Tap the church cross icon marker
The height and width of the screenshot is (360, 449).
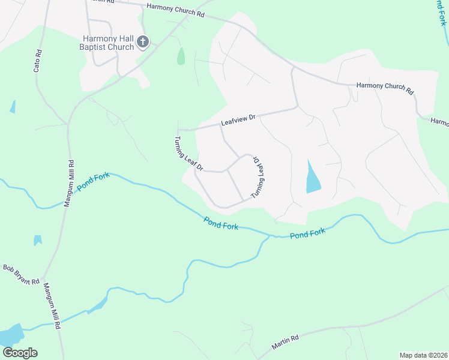[x=143, y=42]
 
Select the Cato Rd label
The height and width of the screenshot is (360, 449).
[x=37, y=61]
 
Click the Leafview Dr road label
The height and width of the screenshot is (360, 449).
[x=238, y=121]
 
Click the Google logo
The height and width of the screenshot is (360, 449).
[x=19, y=353]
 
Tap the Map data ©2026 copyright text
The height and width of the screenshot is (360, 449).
[x=423, y=355]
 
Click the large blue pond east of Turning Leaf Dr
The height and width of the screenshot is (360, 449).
[x=313, y=179]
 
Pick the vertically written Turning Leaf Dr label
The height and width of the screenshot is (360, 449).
[x=258, y=178]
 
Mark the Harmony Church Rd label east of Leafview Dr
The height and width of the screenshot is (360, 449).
[x=385, y=88]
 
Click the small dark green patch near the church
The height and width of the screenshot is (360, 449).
[x=181, y=56]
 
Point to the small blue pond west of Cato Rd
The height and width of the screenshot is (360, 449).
[x=13, y=107]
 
